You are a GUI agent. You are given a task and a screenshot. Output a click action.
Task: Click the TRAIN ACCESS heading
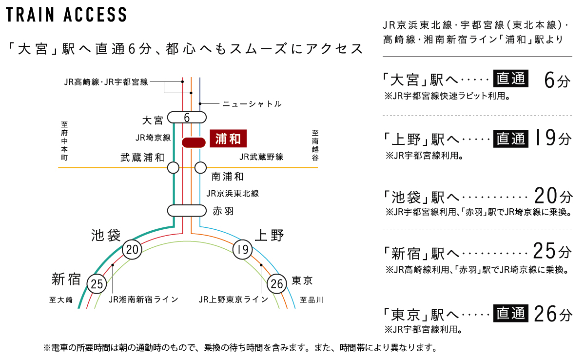coord(66,15)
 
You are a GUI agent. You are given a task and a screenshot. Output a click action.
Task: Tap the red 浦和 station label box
coord(228,139)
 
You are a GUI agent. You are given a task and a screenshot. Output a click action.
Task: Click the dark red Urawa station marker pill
coord(193,142)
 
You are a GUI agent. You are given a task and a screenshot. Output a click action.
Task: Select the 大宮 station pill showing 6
coord(187,118)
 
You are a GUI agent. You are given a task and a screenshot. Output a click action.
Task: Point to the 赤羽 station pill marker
coord(187,211)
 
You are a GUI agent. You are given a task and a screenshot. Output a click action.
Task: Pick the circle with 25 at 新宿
coord(97,284)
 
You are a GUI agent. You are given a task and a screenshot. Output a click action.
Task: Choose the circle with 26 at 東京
coord(277,284)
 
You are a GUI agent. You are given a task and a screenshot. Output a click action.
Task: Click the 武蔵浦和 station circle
coord(173,168)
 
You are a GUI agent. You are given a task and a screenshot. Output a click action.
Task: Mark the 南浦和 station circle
coord(200,168)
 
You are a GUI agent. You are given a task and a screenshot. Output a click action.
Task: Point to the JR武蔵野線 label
coord(261,157)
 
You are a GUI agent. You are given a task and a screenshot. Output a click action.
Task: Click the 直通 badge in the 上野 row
coord(510,140)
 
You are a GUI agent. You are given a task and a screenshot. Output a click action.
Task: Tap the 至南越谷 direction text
coord(315,145)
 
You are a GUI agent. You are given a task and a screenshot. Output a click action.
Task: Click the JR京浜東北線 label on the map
coord(233,194)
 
